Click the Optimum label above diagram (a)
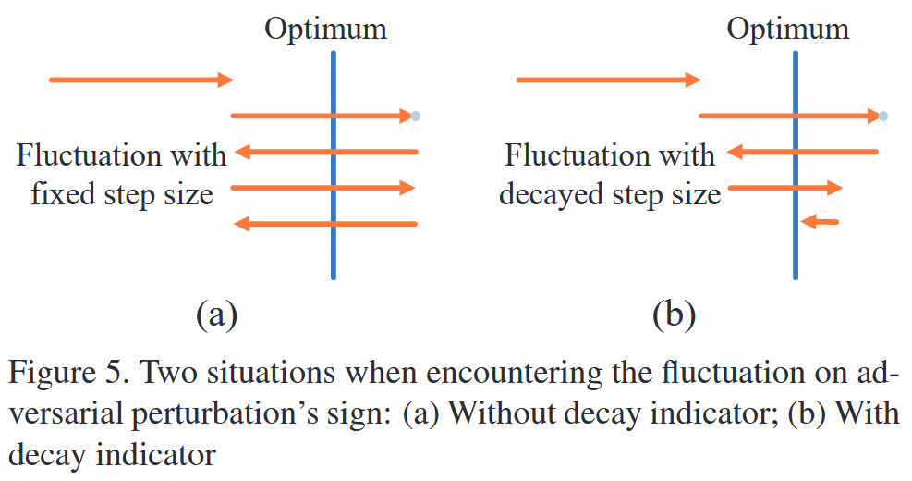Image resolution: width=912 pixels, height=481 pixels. [x=325, y=29]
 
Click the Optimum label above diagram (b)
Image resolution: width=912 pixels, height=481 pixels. [x=787, y=29]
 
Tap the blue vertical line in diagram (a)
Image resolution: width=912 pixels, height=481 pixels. [x=333, y=250]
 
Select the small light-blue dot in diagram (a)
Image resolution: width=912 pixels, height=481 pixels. [x=416, y=116]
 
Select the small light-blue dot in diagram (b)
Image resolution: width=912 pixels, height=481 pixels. [x=883, y=116]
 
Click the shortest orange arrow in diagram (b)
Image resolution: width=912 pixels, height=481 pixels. [x=821, y=222]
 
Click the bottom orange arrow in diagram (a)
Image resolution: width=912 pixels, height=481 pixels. [x=325, y=223]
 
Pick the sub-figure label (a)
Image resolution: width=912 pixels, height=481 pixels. [x=217, y=315]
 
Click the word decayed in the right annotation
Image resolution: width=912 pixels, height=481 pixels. [x=551, y=194]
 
